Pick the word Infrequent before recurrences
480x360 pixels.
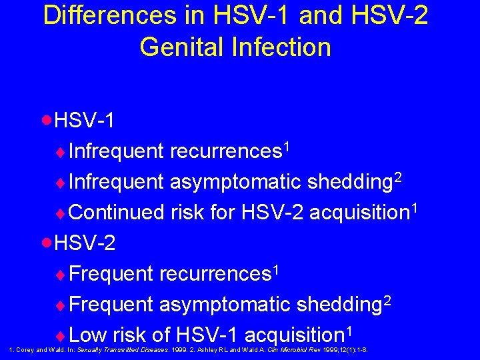(x=116, y=151)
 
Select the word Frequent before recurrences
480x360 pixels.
(x=111, y=274)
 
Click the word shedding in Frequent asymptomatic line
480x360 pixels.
(x=338, y=305)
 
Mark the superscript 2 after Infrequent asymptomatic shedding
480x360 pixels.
(x=397, y=175)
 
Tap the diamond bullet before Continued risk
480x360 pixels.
(x=62, y=213)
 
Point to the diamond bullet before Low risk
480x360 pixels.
(x=62, y=335)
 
